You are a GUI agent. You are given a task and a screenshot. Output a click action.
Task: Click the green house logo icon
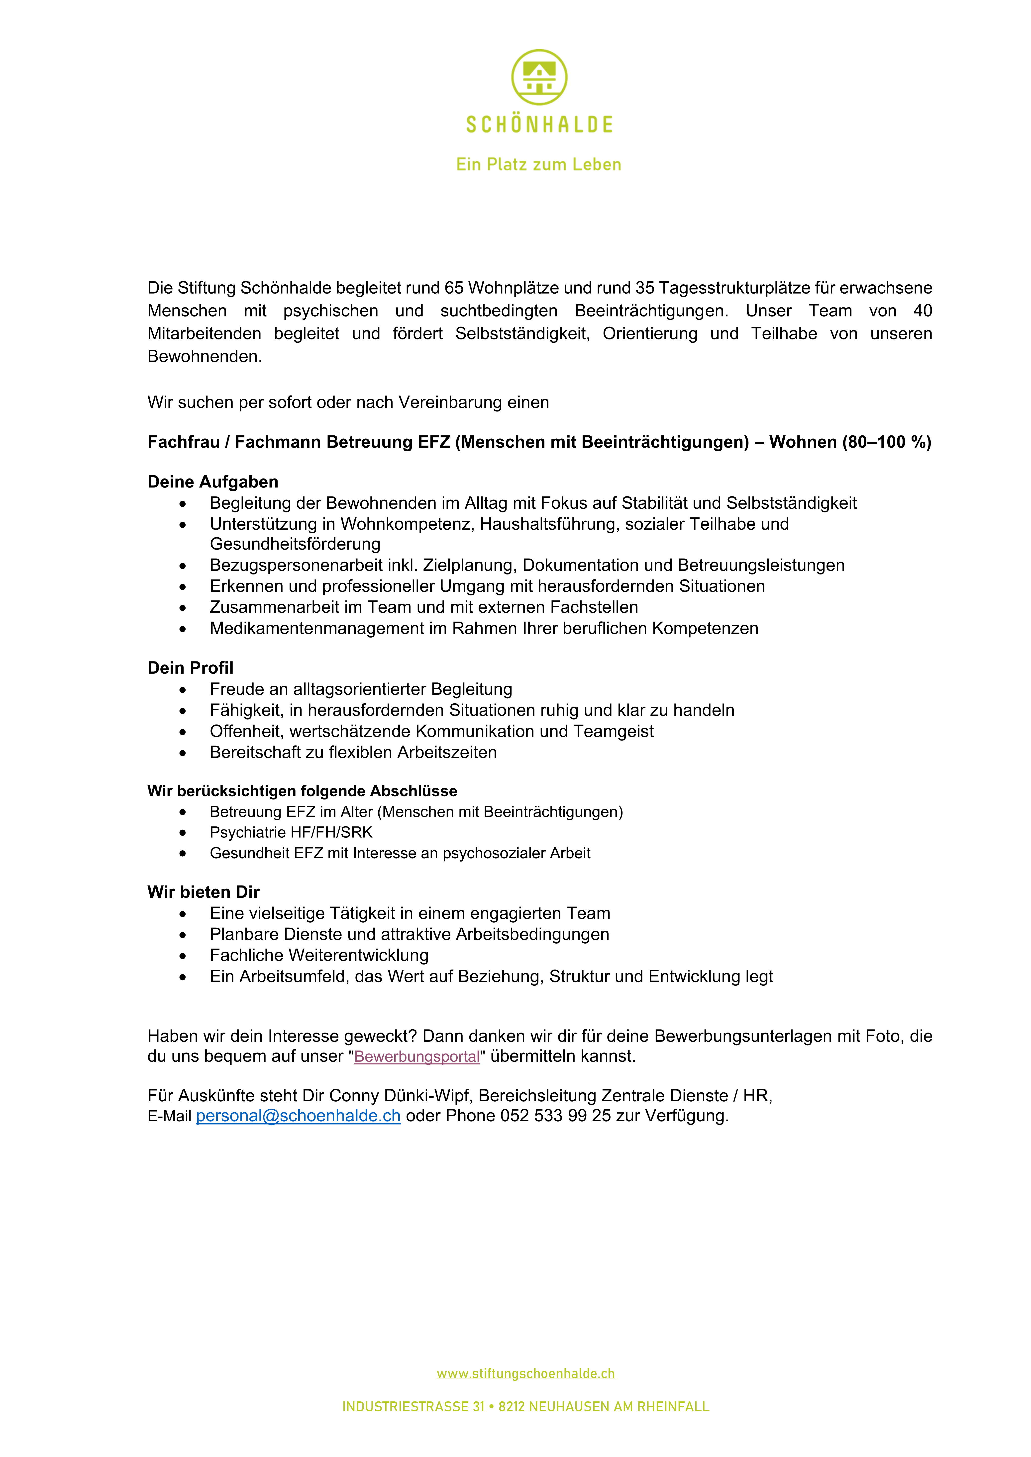pos(539,78)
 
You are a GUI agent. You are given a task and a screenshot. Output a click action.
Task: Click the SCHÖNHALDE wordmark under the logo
pos(539,124)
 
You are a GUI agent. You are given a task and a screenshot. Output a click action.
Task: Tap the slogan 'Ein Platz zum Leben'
pos(538,164)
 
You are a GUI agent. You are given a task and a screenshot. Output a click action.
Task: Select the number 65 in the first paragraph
pos(454,288)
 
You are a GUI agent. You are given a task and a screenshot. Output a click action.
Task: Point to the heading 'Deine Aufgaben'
pos(213,482)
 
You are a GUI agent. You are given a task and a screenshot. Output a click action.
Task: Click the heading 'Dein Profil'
pos(191,668)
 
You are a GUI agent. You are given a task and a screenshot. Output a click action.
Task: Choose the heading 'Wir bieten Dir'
pos(203,891)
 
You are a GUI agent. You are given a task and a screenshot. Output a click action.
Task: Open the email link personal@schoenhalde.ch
pos(298,1116)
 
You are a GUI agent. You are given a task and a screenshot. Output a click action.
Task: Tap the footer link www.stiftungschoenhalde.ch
pos(526,1373)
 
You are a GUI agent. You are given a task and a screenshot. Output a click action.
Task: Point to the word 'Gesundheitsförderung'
pos(295,544)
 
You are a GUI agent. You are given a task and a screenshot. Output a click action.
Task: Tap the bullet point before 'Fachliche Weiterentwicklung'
pos(183,956)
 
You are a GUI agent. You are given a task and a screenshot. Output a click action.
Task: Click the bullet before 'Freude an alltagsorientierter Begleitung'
pos(183,690)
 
